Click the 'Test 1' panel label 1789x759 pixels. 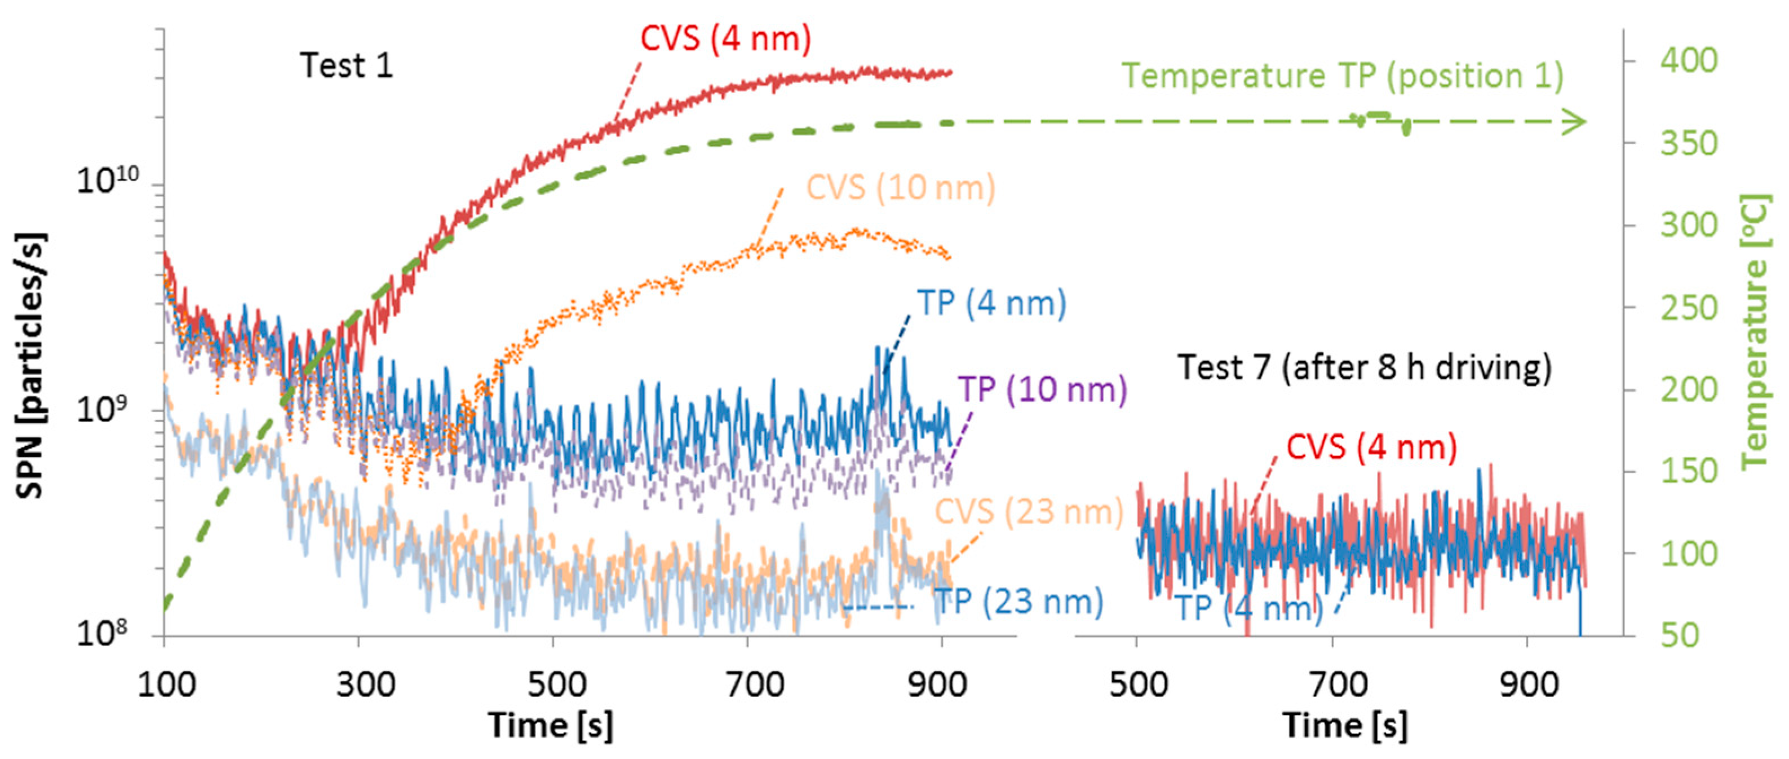(x=346, y=66)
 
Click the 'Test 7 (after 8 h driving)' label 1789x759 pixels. (x=1364, y=367)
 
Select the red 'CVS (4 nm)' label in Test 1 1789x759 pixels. (x=725, y=39)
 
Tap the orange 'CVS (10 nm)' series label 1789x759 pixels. (x=900, y=188)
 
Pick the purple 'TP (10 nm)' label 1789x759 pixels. (x=1042, y=389)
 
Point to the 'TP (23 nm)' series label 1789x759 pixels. (x=1018, y=601)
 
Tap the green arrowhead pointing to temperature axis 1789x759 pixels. (x=1575, y=122)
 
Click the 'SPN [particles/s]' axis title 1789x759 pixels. (x=30, y=366)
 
